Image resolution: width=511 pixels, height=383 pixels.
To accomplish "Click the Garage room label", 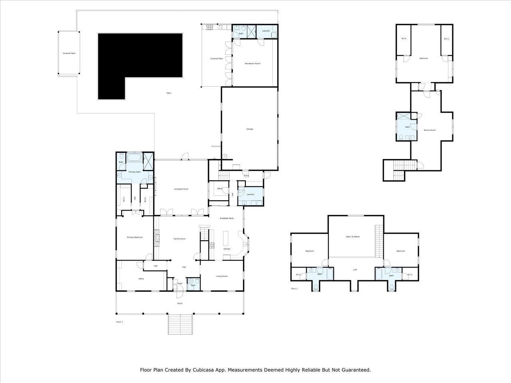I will pyautogui.click(x=250, y=129).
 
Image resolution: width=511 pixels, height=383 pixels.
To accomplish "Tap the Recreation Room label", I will pyautogui.click(x=252, y=63).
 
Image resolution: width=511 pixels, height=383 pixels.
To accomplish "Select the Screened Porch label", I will pyautogui.click(x=181, y=189).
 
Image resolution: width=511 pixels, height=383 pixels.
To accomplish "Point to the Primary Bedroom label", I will pyautogui.click(x=135, y=237).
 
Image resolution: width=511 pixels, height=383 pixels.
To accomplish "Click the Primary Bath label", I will pyautogui.click(x=135, y=172).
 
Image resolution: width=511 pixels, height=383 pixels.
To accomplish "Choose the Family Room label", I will pyautogui.click(x=179, y=239).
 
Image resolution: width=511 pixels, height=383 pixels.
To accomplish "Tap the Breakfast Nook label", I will pyautogui.click(x=226, y=218).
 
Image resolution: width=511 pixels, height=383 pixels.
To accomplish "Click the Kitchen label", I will pyautogui.click(x=227, y=249).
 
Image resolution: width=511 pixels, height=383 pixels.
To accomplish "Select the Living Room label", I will pyautogui.click(x=222, y=276).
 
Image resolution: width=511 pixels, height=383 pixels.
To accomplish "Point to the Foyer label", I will pyautogui.click(x=180, y=284).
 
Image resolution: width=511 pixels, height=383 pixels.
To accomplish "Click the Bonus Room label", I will pyautogui.click(x=430, y=130).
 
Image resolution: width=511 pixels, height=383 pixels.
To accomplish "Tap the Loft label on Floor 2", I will pyautogui.click(x=355, y=270).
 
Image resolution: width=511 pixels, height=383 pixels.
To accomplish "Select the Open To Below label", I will pyautogui.click(x=353, y=237).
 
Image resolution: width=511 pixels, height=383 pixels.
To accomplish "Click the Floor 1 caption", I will pyautogui.click(x=119, y=322).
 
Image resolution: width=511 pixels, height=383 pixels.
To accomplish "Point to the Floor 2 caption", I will pyautogui.click(x=294, y=288).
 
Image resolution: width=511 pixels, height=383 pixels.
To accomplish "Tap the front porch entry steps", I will pyautogui.click(x=180, y=324).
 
